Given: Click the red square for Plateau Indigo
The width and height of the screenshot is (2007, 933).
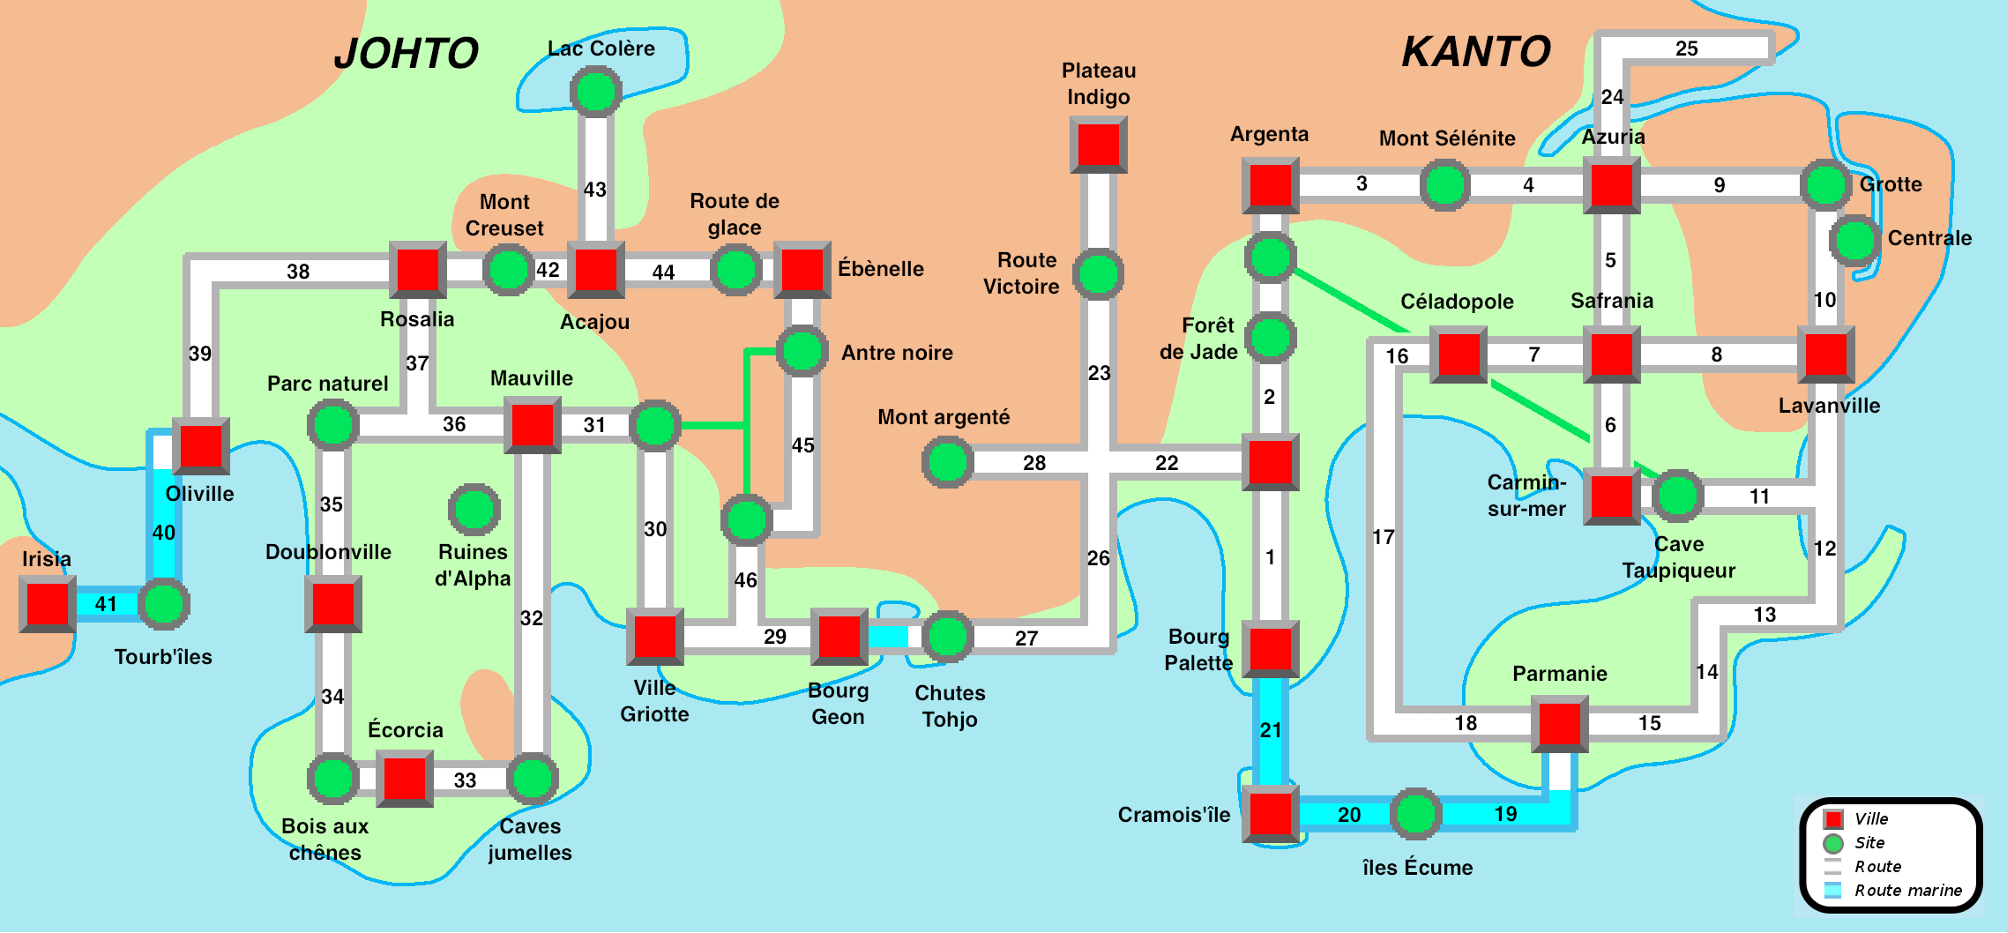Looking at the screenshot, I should click(1098, 145).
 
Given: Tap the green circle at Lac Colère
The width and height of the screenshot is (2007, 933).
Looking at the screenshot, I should click(596, 91).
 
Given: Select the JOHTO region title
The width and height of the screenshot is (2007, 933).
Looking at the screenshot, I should click(407, 54).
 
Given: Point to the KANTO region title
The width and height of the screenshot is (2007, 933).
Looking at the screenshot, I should click(1476, 52).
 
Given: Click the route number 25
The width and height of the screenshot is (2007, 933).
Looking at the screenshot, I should click(1686, 49).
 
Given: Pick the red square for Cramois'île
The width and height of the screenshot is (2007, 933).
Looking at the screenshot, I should click(1270, 813).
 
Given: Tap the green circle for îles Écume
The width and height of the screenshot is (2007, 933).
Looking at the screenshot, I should click(1416, 813).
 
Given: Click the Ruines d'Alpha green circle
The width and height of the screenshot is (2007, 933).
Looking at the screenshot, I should click(474, 509).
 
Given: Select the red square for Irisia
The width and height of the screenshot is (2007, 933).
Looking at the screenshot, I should click(48, 604).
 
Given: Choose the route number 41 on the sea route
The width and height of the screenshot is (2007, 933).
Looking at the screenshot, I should click(106, 604).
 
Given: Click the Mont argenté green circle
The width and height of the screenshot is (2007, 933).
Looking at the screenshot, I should click(947, 462).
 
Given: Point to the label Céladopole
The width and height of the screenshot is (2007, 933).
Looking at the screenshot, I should click(1457, 302).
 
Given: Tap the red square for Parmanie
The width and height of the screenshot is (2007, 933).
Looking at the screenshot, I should click(1559, 723).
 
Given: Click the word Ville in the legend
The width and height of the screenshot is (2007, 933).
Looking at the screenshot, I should click(1871, 819).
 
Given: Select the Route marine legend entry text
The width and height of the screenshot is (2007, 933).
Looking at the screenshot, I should click(1908, 891).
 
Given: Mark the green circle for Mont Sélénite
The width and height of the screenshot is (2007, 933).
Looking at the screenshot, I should click(1444, 185).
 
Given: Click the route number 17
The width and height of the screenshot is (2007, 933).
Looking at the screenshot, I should click(1383, 537).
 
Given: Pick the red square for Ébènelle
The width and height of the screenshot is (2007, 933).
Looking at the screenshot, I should click(802, 269).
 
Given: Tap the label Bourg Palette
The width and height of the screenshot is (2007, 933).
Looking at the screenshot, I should click(1197, 650).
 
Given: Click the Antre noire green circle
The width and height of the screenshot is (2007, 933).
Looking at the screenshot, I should click(802, 350).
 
